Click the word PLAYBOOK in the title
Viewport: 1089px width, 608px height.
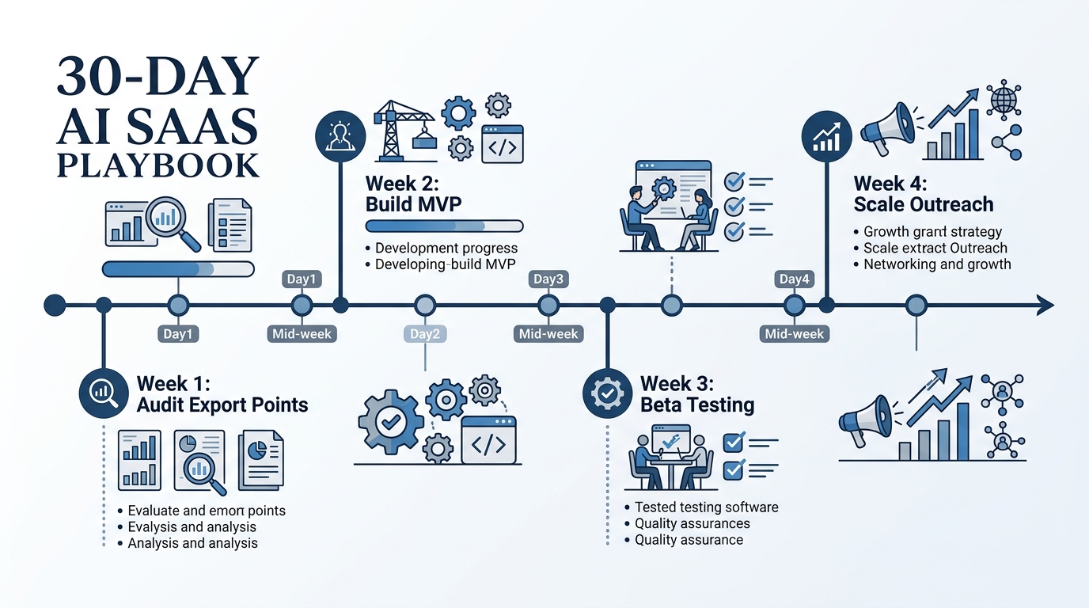pos(157,165)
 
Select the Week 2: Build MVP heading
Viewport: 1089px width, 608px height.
pos(413,194)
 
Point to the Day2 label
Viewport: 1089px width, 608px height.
pos(425,333)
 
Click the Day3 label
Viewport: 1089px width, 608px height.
pos(548,279)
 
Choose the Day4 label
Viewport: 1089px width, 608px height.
pos(794,279)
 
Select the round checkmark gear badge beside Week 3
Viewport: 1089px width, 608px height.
pos(606,393)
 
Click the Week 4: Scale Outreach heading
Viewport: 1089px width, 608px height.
pos(923,194)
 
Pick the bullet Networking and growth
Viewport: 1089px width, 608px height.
pos(937,264)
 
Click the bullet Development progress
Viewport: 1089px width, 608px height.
pos(446,249)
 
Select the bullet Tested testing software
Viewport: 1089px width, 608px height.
pos(706,507)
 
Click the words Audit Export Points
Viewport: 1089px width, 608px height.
pos(222,405)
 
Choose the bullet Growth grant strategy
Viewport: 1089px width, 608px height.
pos(932,232)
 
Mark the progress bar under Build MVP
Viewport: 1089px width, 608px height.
pos(444,226)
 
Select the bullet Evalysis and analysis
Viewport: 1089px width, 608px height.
pos(192,526)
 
